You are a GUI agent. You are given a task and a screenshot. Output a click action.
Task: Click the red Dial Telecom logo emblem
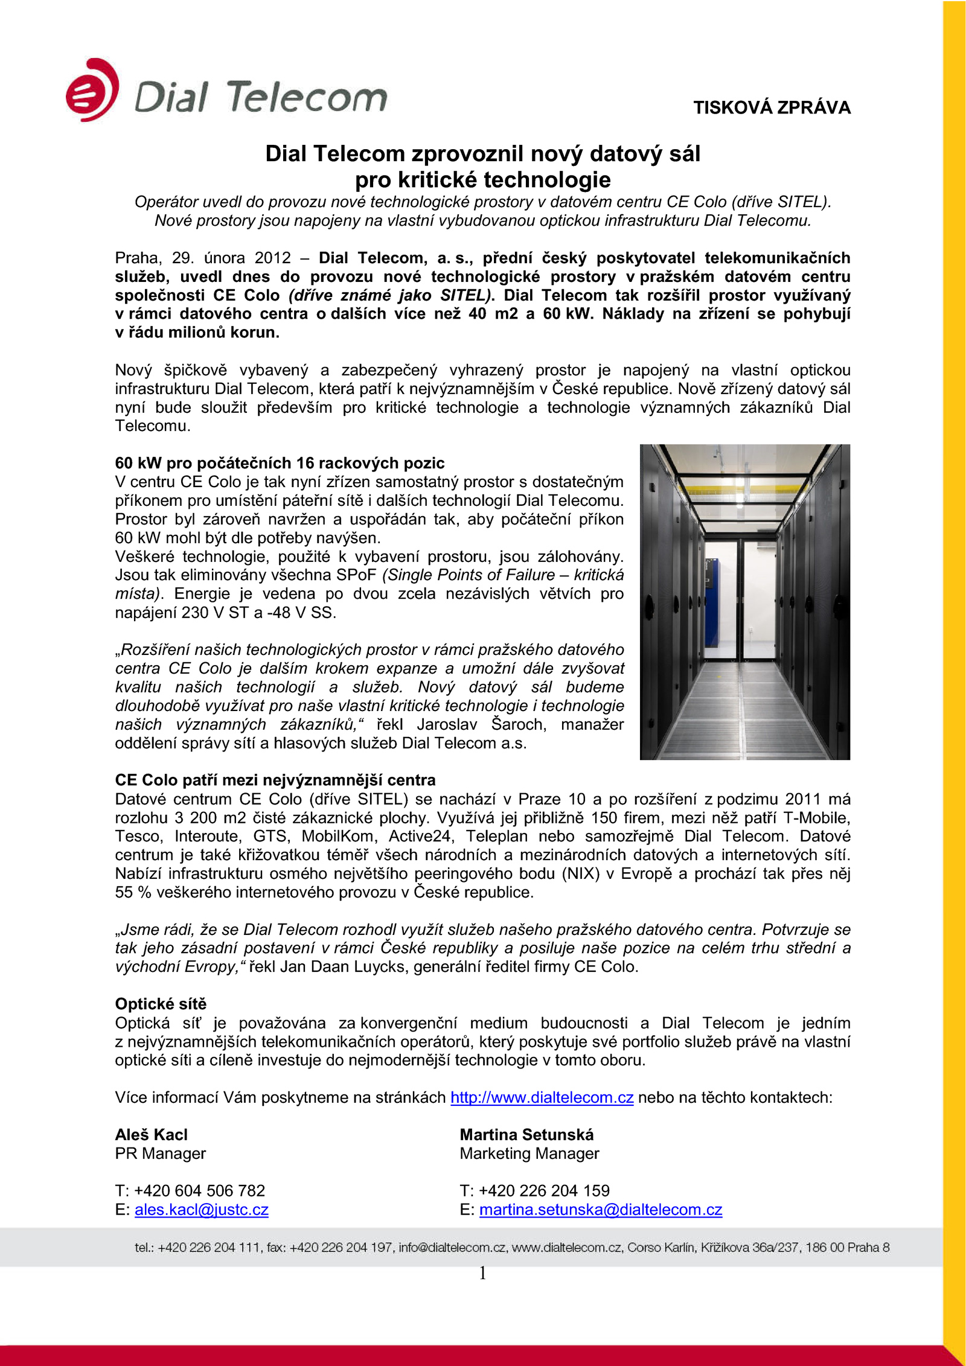[92, 91]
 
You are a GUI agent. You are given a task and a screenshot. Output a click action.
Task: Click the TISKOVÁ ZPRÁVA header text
[771, 107]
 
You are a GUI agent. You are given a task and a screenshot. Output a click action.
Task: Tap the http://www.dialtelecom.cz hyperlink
[542, 1097]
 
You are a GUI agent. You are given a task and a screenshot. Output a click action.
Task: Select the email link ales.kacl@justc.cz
[201, 1210]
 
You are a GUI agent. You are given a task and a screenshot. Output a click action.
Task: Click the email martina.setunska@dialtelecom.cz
[600, 1210]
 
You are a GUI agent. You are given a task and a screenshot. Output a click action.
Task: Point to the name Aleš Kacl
[151, 1135]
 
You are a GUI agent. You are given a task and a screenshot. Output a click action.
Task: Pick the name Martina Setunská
[526, 1135]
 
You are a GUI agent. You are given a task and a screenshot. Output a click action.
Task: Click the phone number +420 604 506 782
[199, 1191]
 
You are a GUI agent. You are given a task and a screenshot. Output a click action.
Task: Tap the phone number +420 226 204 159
[543, 1191]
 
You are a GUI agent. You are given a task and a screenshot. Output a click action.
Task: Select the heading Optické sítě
[161, 1004]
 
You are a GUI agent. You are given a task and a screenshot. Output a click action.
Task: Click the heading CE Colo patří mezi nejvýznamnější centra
[275, 780]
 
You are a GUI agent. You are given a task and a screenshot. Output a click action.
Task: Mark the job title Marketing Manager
[529, 1154]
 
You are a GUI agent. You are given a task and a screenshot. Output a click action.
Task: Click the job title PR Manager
[160, 1154]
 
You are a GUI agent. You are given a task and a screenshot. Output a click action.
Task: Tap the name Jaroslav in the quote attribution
[446, 724]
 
